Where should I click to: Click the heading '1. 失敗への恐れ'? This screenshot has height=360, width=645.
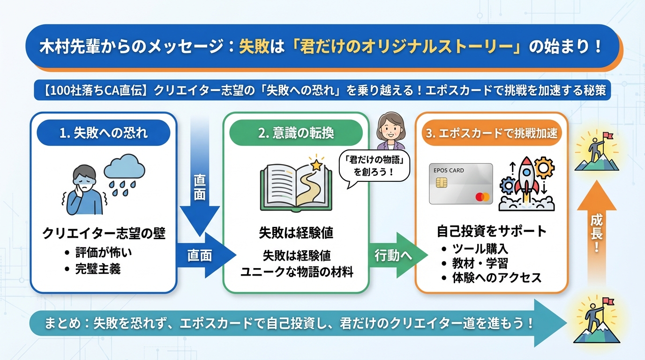point(104,133)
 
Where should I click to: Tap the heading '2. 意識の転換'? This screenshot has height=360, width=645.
point(296,133)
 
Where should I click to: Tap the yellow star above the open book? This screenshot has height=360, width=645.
point(317,165)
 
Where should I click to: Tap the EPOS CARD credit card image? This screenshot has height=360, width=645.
point(461,183)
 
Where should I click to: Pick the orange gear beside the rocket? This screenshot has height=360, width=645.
point(544,167)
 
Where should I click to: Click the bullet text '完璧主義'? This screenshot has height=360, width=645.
point(97,269)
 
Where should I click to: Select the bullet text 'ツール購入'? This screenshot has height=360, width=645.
point(480,248)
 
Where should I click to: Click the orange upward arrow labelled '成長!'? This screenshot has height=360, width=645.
point(596,230)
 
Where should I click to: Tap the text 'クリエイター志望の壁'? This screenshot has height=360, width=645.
point(104,233)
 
